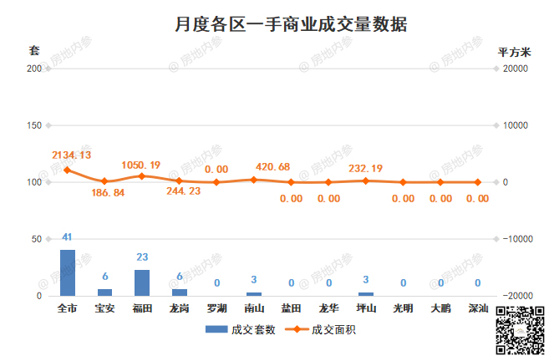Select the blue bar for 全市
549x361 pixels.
click(68, 272)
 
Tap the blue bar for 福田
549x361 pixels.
click(142, 282)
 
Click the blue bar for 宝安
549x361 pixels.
click(104, 292)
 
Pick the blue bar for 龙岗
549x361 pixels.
click(180, 292)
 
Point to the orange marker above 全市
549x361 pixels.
click(68, 170)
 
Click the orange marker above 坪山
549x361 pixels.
click(366, 180)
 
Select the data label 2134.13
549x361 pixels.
click(72, 155)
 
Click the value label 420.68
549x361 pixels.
click(272, 166)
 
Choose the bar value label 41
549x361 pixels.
click(68, 238)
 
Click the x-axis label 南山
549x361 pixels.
click(254, 309)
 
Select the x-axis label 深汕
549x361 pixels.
click(478, 309)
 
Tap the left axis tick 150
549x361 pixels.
click(34, 125)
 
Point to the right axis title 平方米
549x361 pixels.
click(514, 52)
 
